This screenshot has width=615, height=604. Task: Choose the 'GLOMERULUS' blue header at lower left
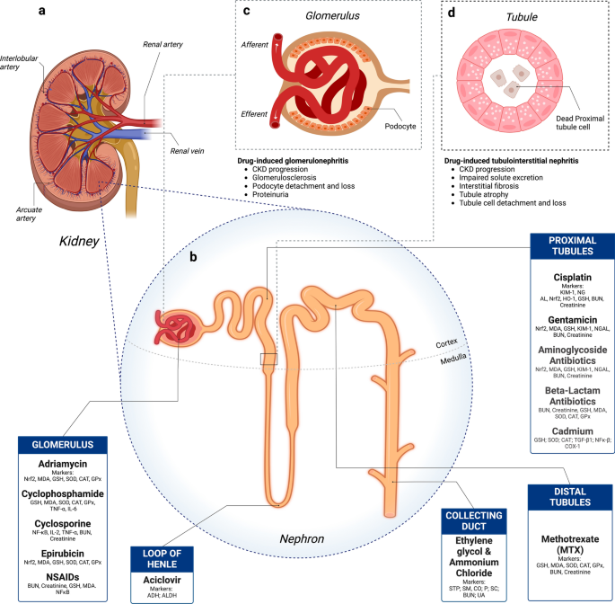pyautogui.click(x=63, y=445)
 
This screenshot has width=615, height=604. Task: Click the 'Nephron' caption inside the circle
pyautogui.click(x=302, y=539)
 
